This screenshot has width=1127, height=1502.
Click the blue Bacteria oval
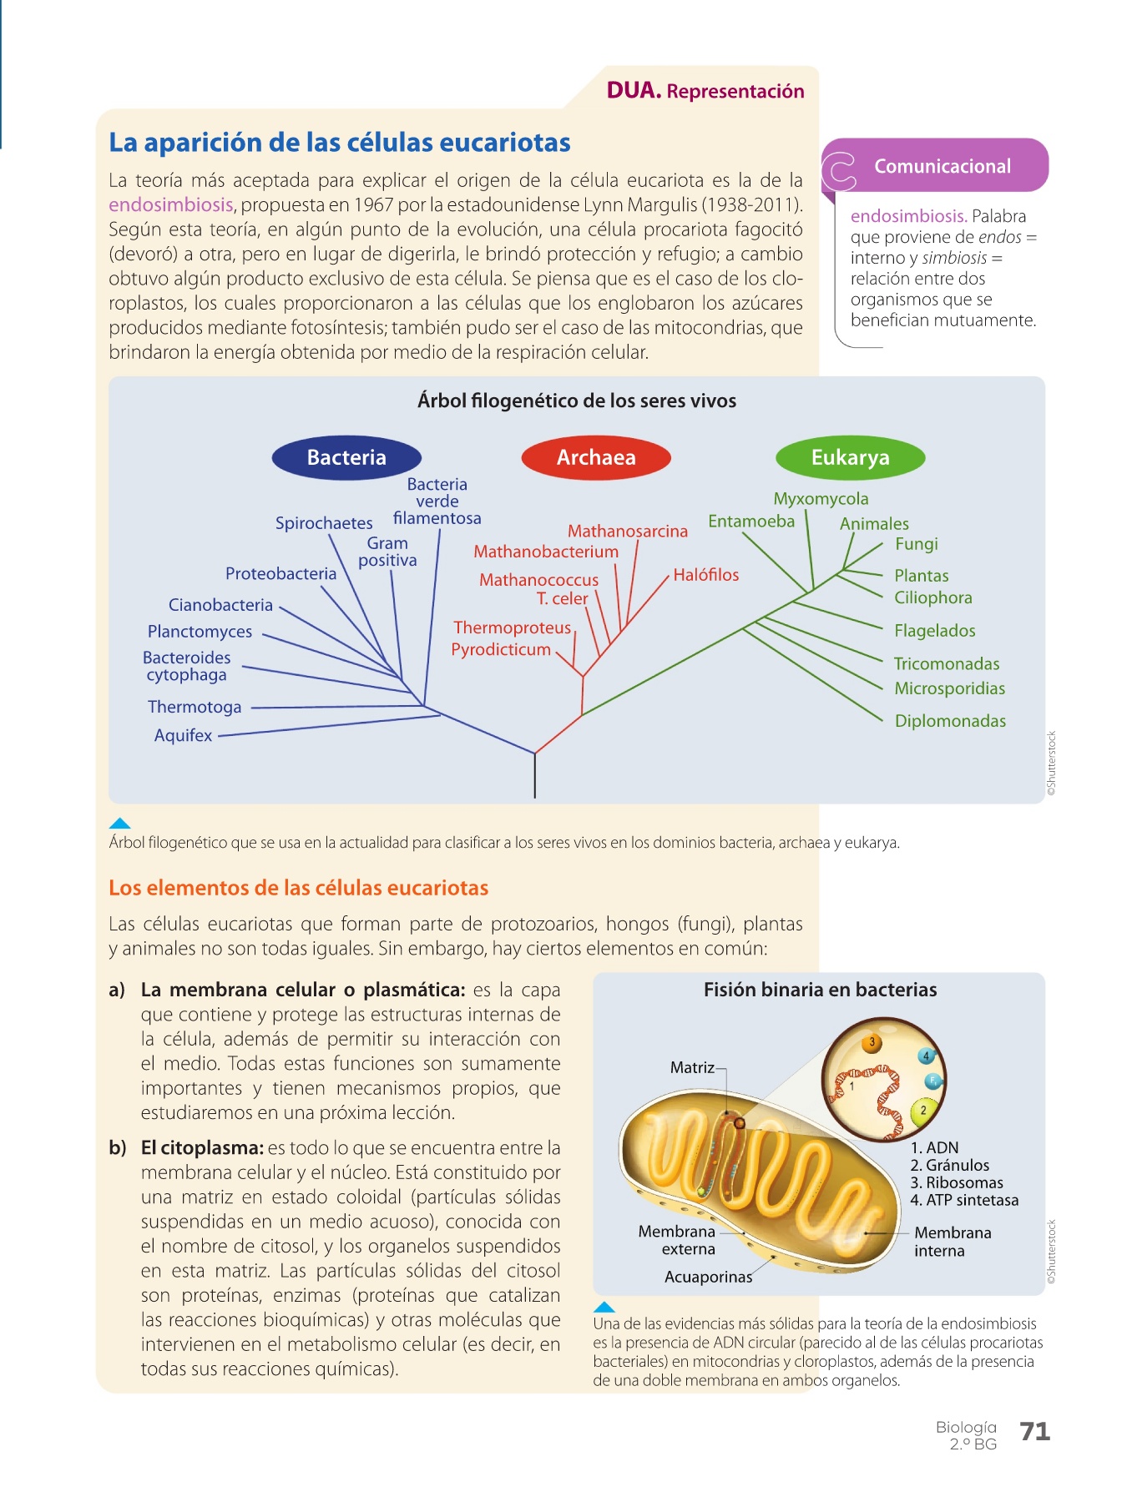tap(346, 457)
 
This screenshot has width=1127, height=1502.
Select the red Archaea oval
tap(596, 457)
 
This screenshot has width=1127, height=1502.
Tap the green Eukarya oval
tap(850, 457)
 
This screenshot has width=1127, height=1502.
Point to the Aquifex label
tap(183, 735)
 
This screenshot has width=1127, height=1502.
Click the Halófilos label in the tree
tap(705, 575)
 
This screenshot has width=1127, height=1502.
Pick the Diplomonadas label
tap(950, 721)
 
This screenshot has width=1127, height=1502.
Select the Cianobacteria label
tap(220, 605)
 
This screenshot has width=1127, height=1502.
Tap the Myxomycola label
tap(821, 499)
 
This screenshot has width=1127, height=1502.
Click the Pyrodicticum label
tap(501, 649)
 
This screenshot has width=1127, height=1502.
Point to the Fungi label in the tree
tap(916, 544)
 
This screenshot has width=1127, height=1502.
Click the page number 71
tap(1034, 1432)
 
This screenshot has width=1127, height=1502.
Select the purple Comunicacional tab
tap(942, 166)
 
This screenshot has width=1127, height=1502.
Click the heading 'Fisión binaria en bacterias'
tap(820, 990)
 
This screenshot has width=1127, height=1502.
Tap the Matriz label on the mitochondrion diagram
tap(692, 1067)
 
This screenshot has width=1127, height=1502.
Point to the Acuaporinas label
tap(708, 1277)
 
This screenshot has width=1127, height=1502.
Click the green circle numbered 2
tap(923, 1111)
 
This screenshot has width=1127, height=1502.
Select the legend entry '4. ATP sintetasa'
tap(964, 1200)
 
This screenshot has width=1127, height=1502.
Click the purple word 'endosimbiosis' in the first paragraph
tap(171, 205)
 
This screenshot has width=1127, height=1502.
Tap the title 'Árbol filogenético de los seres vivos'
tap(577, 401)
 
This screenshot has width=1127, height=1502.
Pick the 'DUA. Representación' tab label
tap(705, 91)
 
